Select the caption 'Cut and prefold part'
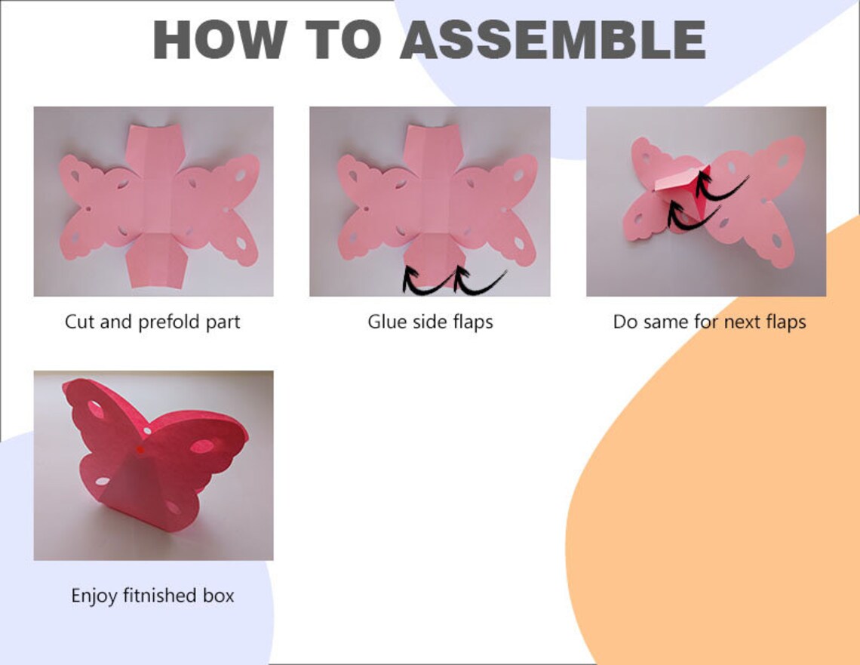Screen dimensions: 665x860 tap(152, 322)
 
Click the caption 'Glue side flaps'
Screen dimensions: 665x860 tap(430, 322)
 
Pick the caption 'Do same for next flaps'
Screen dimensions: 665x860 tap(709, 322)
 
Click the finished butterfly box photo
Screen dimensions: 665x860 tap(153, 465)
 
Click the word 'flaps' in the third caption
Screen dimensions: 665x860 tap(784, 322)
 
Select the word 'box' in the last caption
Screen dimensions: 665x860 tap(218, 596)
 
